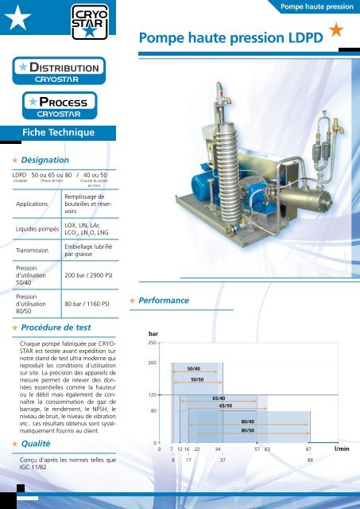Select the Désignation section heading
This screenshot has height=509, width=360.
[x=50, y=160]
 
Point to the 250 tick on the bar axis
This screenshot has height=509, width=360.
[x=151, y=343]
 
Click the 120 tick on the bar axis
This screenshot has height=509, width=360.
[x=151, y=394]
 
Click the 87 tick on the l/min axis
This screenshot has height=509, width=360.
[x=308, y=449]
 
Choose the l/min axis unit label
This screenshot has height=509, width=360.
[x=343, y=449]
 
